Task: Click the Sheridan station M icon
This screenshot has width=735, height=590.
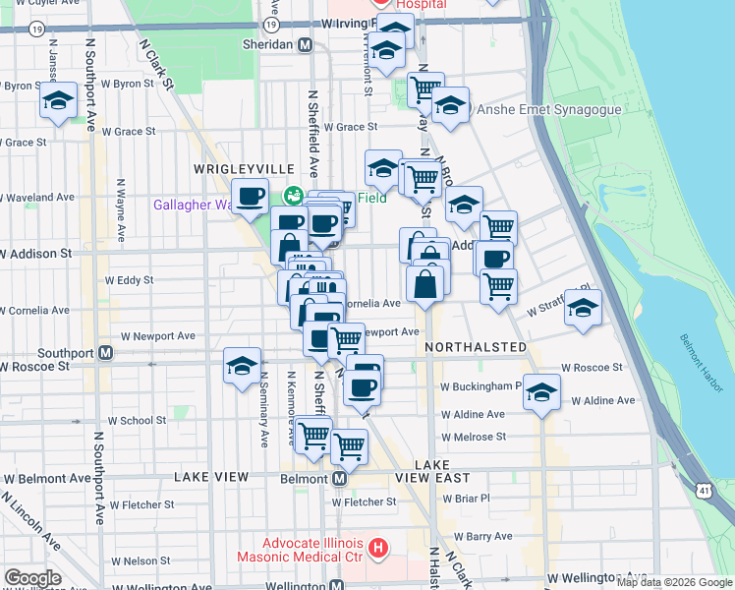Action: point(306,45)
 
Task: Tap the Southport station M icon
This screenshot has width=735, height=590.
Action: point(105,352)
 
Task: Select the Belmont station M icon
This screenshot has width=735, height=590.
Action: point(338,478)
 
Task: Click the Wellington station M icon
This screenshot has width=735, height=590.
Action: point(336,585)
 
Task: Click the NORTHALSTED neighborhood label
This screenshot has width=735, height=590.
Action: point(477,348)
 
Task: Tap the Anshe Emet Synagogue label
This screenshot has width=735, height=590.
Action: point(548,110)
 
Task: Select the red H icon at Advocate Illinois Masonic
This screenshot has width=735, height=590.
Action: point(377,546)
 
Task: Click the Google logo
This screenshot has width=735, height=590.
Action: point(32,578)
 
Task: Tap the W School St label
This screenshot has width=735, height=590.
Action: point(137,420)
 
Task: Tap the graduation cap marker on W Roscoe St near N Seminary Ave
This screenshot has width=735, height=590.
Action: point(242,366)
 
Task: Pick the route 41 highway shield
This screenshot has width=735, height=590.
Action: point(705,489)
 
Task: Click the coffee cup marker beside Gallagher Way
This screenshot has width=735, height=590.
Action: point(250,195)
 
